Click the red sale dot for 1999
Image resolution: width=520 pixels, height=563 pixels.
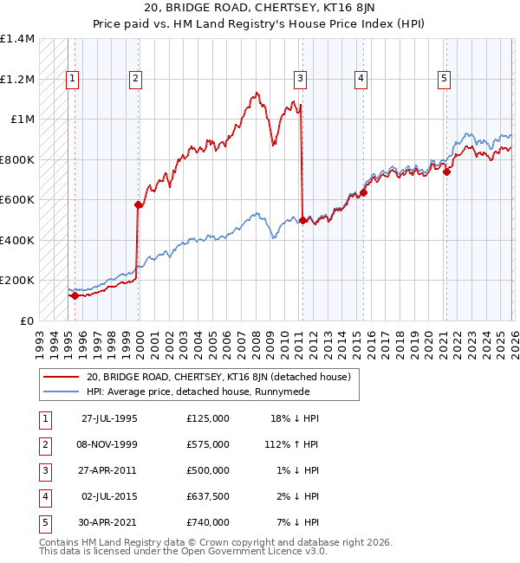click(x=138, y=205)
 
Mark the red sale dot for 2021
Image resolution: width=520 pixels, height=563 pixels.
click(x=447, y=171)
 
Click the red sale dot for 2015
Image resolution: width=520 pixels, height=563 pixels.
click(x=363, y=192)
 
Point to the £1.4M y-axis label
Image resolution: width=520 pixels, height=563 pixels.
click(x=17, y=39)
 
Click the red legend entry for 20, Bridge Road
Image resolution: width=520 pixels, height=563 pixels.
click(x=218, y=377)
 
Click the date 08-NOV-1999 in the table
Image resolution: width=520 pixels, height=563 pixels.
click(x=109, y=444)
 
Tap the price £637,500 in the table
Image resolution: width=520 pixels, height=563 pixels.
click(x=208, y=496)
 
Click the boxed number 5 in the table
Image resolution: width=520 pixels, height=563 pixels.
click(x=42, y=522)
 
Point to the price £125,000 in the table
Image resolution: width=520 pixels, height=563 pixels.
click(x=208, y=418)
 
